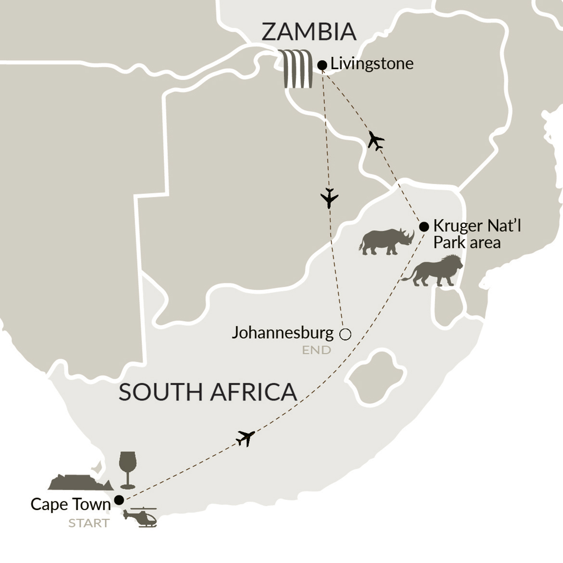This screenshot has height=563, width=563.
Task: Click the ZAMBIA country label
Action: click(x=308, y=32)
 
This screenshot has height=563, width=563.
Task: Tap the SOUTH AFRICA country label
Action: click(x=207, y=392)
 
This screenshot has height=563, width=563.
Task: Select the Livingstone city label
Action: click(x=371, y=64)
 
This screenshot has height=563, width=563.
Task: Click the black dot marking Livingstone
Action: click(x=322, y=65)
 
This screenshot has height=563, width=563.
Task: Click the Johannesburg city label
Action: click(x=282, y=333)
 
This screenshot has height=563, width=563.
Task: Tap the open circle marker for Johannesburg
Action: click(x=345, y=334)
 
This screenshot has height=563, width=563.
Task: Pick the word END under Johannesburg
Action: click(x=316, y=350)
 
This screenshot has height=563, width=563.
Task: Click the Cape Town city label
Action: click(x=70, y=504)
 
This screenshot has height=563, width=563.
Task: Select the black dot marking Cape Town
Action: click(x=118, y=499)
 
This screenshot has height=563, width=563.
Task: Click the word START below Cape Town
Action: click(x=89, y=523)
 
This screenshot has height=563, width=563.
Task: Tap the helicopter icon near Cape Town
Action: click(x=140, y=517)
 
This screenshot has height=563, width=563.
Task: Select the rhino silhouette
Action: click(x=386, y=241)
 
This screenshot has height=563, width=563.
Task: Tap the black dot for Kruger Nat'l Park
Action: click(x=424, y=227)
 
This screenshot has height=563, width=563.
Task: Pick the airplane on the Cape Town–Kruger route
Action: click(x=245, y=438)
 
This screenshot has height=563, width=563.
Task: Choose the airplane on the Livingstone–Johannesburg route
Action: click(x=329, y=198)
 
